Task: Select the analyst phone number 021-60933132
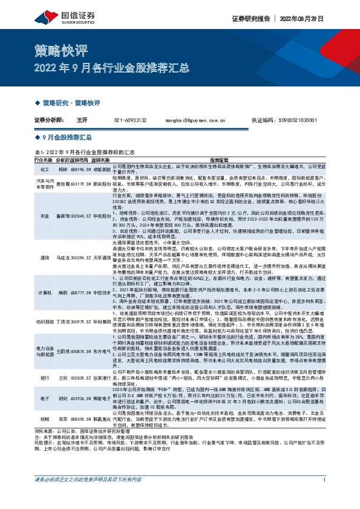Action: pyautogui.click(x=130, y=120)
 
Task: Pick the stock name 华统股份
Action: pyautogui.click(x=102, y=215)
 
